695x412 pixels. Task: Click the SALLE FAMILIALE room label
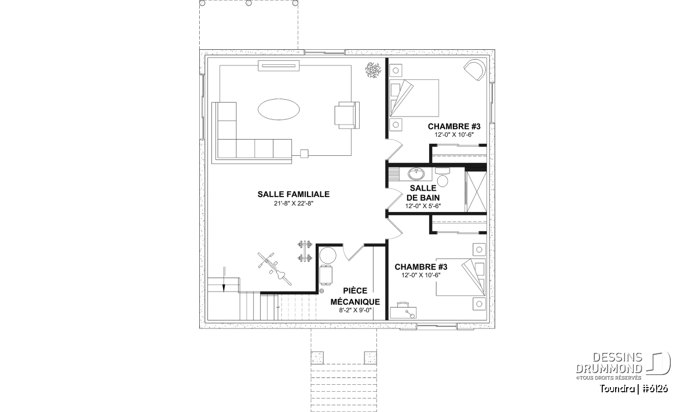(293, 194)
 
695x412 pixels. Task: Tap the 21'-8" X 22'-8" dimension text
(294, 203)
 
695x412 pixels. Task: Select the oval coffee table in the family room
(279, 110)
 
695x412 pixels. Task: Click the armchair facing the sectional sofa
(347, 115)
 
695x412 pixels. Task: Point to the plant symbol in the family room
(372, 70)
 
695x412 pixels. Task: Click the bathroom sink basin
(416, 174)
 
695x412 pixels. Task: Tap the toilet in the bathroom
(442, 177)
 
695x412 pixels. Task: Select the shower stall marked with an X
(476, 191)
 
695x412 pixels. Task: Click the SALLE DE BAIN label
(423, 193)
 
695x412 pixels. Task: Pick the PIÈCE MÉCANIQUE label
(355, 296)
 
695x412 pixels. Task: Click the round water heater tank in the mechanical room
(328, 256)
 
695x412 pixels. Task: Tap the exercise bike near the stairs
(275, 269)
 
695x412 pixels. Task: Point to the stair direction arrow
(224, 279)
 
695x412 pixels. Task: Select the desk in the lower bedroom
(403, 311)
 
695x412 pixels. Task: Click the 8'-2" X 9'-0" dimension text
(355, 310)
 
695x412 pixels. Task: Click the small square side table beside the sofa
(304, 154)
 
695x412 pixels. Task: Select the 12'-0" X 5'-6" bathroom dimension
(423, 206)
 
